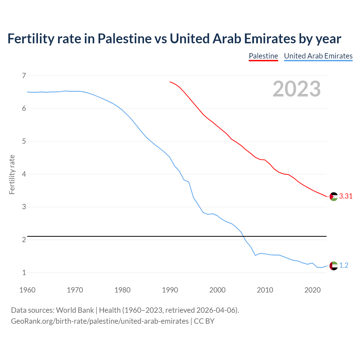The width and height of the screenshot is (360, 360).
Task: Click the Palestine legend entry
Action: point(263,56)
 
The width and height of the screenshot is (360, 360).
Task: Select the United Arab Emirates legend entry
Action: point(318,56)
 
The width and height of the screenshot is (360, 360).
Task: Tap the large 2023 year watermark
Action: point(296,89)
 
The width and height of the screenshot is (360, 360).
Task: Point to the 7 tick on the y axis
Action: point(24,76)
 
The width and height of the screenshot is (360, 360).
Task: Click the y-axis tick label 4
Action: point(24,174)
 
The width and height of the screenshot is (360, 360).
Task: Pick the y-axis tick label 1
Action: point(24,273)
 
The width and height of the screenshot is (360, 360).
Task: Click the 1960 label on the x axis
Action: point(27,290)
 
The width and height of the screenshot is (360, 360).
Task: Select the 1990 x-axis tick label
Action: point(170,290)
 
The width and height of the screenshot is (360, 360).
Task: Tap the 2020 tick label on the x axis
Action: point(312,290)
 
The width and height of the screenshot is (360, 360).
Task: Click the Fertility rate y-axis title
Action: point(12,174)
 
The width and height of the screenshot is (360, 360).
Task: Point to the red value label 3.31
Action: point(346,196)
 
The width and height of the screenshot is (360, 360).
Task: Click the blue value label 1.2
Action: point(344,265)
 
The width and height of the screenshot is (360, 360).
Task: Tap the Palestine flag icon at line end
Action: point(334,196)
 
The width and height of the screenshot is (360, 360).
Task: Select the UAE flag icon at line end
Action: point(334,265)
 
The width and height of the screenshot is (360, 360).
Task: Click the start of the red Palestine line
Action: point(170,82)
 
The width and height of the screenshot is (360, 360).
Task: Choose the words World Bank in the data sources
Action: point(75,310)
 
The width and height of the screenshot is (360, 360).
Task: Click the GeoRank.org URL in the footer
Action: point(100,321)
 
